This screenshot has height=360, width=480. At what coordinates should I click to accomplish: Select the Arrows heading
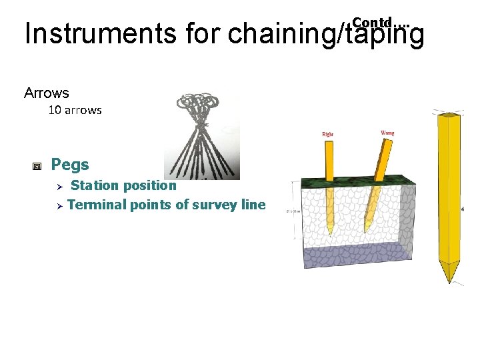(x=47, y=93)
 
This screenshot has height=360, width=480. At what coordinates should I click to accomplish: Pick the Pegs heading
(x=70, y=164)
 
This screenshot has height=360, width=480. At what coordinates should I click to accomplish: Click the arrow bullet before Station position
(x=59, y=186)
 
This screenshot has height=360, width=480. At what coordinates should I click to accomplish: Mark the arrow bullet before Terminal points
(x=59, y=205)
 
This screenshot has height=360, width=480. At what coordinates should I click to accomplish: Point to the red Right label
(x=328, y=134)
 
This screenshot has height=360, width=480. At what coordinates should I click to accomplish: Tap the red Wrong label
(x=387, y=133)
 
